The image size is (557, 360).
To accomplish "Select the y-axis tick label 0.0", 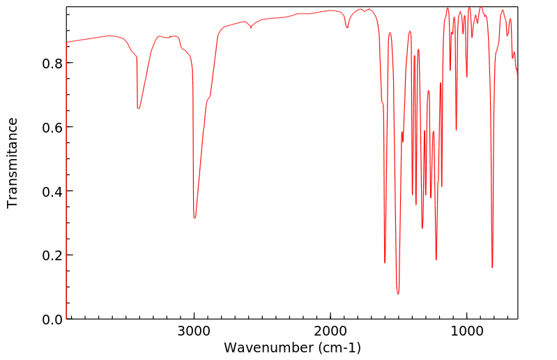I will coord(52,320).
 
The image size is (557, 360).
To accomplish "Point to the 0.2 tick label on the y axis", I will coord(52,255).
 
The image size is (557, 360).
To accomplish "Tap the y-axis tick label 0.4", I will coord(52,191).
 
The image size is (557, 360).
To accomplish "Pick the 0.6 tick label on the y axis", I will coord(52,127).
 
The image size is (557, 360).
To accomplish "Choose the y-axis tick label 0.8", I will coord(52,63).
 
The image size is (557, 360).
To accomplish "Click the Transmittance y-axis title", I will coord(13,163).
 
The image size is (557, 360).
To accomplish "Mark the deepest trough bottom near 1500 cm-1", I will coord(398,294).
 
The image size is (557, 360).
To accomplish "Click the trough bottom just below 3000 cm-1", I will coord(194,218).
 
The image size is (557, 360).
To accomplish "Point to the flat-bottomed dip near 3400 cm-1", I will coord(139,108).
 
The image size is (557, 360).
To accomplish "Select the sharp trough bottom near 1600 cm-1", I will coord(385,262).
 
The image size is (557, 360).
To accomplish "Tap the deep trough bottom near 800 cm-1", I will coord(492,267).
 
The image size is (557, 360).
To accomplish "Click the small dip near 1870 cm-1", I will coord(347,27).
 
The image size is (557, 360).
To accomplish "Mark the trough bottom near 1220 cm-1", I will coord(436,260).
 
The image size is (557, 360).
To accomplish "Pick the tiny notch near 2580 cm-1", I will coord(251,27).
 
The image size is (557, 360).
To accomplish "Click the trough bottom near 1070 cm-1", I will coord(457,130).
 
